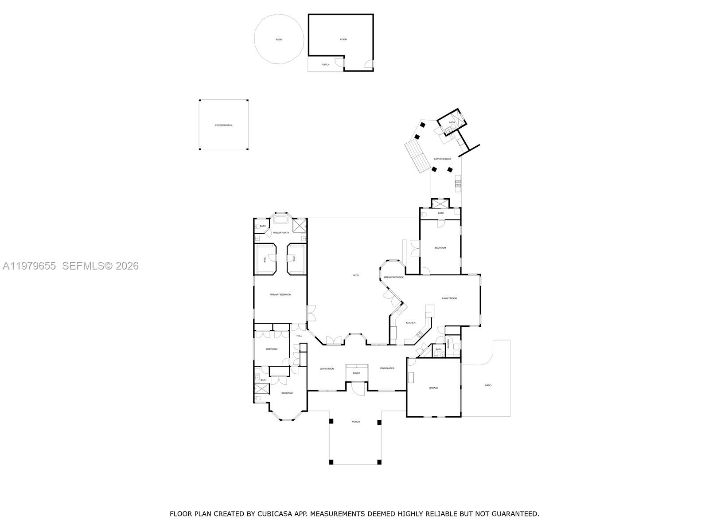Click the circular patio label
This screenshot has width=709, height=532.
(x=279, y=39)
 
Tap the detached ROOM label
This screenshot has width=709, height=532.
(x=343, y=39)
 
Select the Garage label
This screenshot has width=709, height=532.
(x=433, y=388)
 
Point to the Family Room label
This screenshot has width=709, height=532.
(x=449, y=298)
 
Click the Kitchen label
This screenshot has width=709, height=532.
(x=411, y=323)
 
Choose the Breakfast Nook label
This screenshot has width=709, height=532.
(x=393, y=277)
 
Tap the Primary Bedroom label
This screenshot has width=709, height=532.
(x=280, y=294)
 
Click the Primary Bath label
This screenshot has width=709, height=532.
(x=281, y=233)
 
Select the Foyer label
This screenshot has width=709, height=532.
(x=356, y=373)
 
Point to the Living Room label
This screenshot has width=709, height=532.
(x=327, y=368)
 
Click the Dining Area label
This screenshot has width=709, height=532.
(x=387, y=368)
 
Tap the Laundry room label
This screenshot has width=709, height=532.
(x=448, y=344)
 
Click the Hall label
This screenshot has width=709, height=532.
(x=299, y=336)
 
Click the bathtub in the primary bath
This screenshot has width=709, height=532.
(x=280, y=219)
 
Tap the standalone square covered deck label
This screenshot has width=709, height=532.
(x=223, y=125)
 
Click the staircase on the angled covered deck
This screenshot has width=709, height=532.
(x=417, y=156)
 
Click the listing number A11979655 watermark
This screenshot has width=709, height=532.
(x=29, y=266)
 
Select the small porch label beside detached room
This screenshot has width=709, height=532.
(x=325, y=65)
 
